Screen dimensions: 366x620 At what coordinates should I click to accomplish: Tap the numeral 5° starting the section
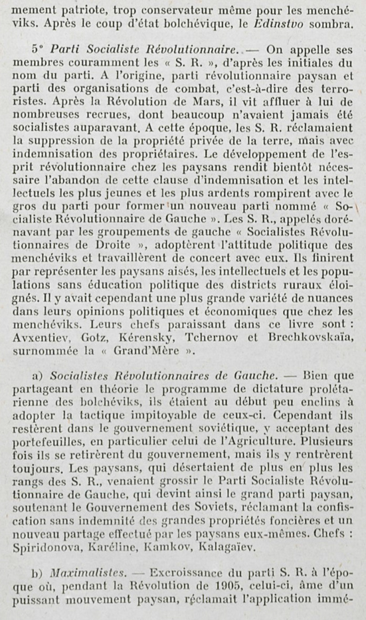(37, 51)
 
